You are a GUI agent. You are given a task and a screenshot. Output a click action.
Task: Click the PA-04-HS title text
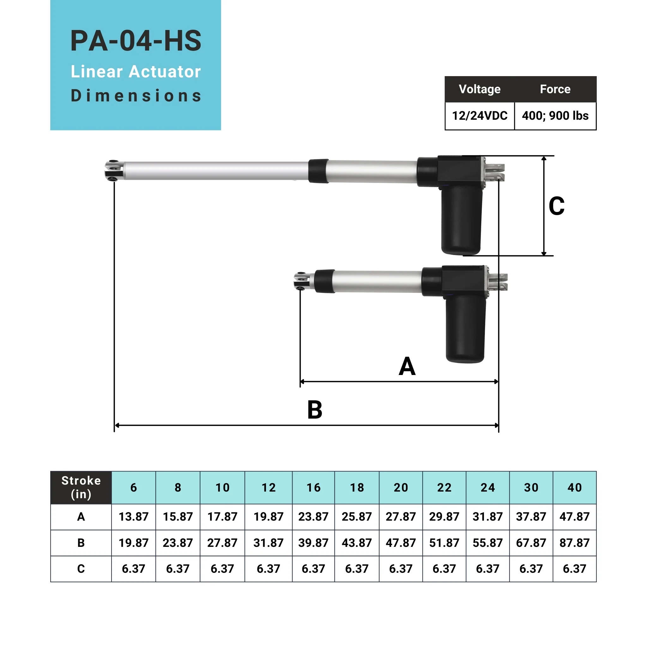[136, 41]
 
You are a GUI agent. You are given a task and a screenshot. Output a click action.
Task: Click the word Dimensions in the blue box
[136, 96]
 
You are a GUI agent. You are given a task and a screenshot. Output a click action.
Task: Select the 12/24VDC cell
[480, 116]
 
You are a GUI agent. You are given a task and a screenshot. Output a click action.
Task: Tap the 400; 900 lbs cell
[555, 116]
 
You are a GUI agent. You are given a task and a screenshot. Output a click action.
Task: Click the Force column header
[555, 89]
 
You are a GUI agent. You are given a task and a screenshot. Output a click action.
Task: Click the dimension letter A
[407, 366]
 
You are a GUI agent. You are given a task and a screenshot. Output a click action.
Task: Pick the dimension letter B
[314, 410]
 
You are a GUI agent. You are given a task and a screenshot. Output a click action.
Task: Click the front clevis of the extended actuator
[113, 171]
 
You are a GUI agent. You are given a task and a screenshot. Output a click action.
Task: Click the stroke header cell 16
[313, 487]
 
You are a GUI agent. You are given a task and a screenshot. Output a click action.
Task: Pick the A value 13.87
[133, 517]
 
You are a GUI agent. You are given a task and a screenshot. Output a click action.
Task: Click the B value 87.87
[574, 542]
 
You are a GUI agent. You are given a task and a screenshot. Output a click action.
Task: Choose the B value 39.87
[313, 542]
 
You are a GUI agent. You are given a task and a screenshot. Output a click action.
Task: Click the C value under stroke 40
[574, 569]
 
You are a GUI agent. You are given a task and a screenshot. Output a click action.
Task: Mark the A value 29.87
[444, 517]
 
